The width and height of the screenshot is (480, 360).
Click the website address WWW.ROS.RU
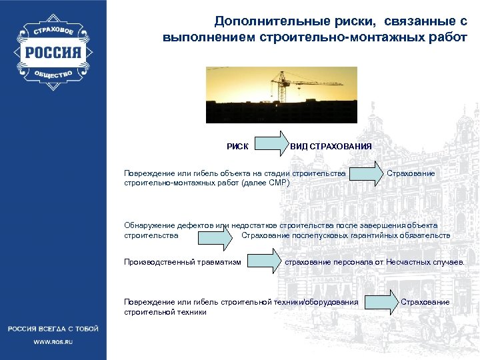point(53,341)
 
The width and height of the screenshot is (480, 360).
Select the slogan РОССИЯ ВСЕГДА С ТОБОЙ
point(53,329)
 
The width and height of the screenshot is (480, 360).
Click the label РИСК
point(237,146)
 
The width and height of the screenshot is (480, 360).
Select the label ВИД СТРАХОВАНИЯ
point(331,146)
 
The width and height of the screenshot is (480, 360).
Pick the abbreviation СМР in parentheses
point(275,182)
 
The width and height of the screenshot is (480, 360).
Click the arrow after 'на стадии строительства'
point(366,174)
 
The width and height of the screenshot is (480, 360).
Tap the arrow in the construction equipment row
point(380,302)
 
